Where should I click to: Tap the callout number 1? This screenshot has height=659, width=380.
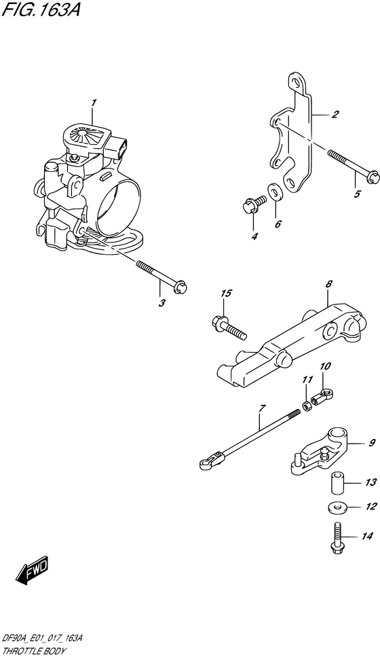[x=94, y=103]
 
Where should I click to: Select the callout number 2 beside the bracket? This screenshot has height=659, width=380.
[x=335, y=114]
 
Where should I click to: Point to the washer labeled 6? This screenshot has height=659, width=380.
[x=275, y=192]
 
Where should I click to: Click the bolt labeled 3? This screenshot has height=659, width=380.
[x=161, y=276]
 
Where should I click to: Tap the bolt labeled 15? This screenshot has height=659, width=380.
[x=228, y=325]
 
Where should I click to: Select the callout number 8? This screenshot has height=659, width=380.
[x=328, y=285]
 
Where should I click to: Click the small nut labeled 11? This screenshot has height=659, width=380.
[x=307, y=406]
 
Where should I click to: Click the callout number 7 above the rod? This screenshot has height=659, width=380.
[x=262, y=408]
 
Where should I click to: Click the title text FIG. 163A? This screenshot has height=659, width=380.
[x=41, y=10]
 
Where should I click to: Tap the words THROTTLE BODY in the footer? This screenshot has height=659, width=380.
[x=35, y=652]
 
